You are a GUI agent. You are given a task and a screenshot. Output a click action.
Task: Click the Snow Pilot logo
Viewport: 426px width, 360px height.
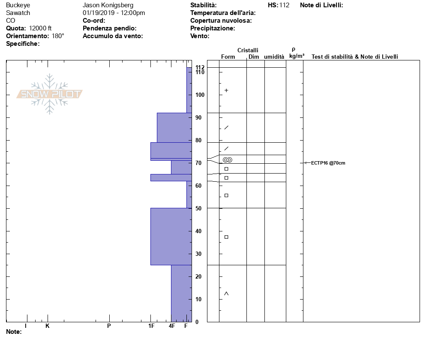tap(49, 94)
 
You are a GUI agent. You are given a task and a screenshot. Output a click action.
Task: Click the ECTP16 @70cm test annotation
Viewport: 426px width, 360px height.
tap(328, 163)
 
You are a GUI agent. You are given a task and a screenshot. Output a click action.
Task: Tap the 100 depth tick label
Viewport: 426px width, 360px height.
tap(200, 95)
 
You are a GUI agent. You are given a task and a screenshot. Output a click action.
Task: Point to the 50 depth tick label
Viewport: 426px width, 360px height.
tap(198, 208)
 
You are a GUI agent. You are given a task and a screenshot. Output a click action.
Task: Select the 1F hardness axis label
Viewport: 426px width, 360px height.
tap(151, 326)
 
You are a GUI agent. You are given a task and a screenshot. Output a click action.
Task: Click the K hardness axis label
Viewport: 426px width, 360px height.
tap(47, 326)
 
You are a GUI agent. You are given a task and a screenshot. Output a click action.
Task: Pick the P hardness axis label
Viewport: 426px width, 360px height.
tap(109, 326)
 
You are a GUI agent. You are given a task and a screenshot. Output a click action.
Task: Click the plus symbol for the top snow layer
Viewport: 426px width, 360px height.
tap(226, 90)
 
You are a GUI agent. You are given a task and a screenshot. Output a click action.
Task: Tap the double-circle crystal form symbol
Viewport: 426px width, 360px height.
tap(228, 160)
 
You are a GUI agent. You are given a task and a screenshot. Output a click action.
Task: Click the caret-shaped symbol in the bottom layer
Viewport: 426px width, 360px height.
tap(226, 294)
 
